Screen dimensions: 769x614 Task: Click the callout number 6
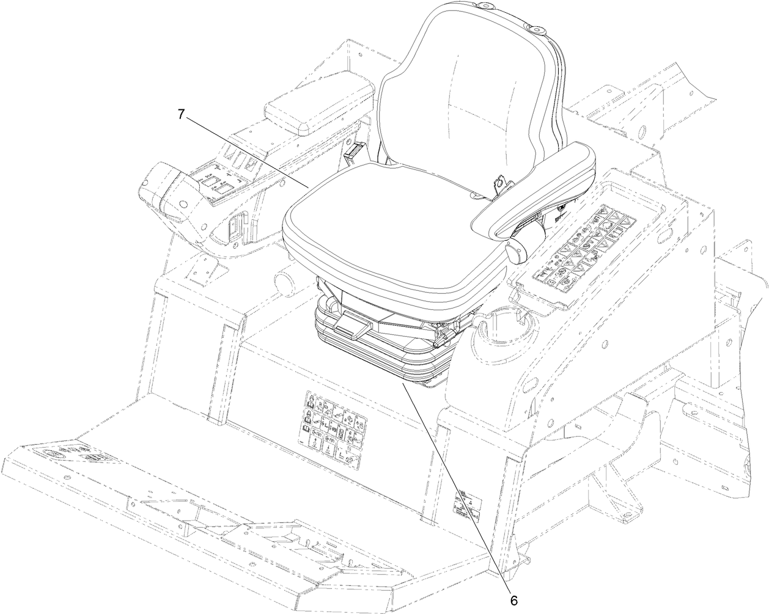tap(513, 599)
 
